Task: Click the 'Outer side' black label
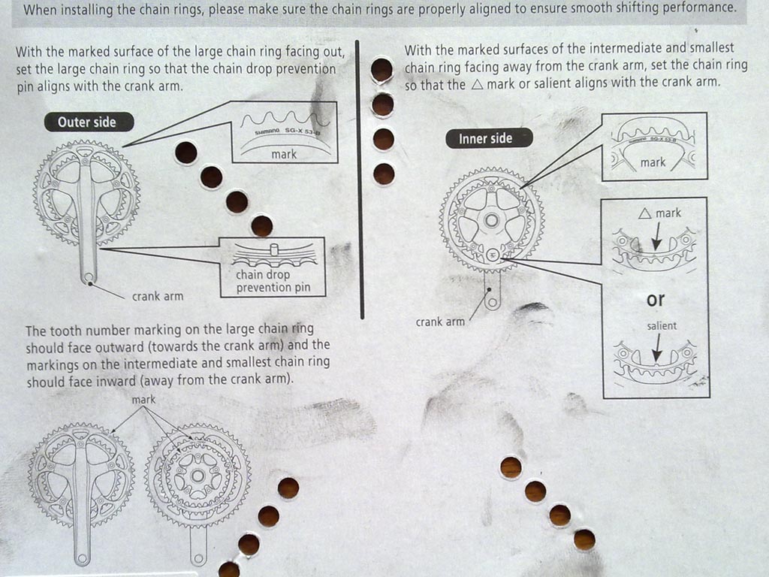pos(89,122)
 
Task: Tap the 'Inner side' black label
pos(489,138)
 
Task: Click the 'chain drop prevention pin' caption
pos(273,281)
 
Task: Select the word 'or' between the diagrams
pos(656,299)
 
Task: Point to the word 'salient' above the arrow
pos(662,326)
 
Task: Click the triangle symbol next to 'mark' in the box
pos(645,213)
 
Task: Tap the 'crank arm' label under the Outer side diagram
pos(158,296)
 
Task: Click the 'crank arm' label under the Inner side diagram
pos(440,322)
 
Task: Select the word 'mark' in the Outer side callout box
pos(284,154)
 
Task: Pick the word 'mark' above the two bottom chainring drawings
pos(143,400)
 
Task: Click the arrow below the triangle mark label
pos(656,237)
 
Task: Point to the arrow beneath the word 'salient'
pos(657,349)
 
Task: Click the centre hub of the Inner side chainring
pos(491,220)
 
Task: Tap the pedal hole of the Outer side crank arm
pos(89,278)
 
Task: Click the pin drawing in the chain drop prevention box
pos(274,249)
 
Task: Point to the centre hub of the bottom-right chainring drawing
pos(198,476)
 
